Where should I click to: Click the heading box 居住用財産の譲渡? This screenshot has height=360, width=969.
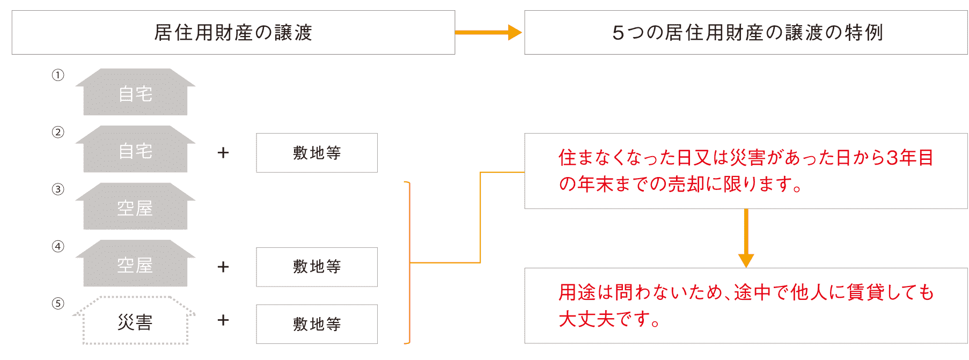233,32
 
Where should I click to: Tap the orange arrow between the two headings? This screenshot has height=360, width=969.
488,32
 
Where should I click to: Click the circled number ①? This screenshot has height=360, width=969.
58,75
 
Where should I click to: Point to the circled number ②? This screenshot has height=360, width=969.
58,132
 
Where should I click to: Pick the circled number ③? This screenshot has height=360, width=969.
58,189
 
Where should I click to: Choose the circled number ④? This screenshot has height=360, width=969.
58,246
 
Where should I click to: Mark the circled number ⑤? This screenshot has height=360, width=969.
58,304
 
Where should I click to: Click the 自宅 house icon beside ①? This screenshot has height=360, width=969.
135,92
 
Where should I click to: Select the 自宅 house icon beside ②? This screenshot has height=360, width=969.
135,149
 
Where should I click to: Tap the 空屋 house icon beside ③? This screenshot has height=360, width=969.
135,207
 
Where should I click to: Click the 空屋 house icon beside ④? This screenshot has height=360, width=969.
135,263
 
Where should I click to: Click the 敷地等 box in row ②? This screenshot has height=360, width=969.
317,153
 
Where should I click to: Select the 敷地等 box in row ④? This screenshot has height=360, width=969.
317,267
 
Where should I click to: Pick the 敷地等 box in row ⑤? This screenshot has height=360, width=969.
317,324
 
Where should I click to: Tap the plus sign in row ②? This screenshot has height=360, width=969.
223,153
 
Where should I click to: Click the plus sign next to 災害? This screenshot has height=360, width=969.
223,320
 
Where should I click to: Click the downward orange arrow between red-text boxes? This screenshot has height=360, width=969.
746,238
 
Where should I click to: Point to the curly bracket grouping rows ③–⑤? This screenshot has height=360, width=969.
409,263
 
